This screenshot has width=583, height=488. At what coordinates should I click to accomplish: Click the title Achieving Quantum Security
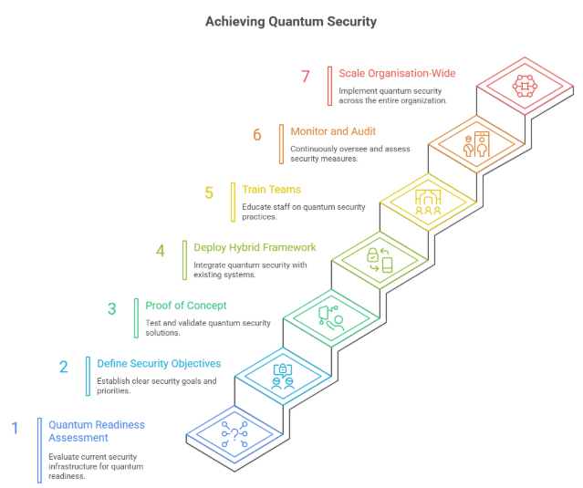(x=291, y=21)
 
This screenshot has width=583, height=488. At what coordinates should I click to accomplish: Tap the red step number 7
(x=306, y=76)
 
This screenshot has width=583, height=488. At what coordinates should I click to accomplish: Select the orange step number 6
(x=257, y=135)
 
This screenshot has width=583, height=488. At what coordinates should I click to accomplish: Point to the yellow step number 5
(x=209, y=193)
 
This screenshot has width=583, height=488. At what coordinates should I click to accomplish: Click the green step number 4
(x=161, y=250)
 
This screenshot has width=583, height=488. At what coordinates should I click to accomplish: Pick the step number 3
(x=112, y=308)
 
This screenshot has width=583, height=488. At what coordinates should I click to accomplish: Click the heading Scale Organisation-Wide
(x=397, y=73)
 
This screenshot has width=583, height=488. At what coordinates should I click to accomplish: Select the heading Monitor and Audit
(x=333, y=131)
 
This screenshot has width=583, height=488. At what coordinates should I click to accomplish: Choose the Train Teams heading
(x=273, y=190)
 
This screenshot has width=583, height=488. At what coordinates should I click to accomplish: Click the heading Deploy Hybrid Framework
(x=255, y=247)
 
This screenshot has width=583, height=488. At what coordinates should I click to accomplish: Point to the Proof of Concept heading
(x=186, y=305)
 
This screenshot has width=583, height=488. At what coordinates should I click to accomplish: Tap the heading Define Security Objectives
(x=159, y=363)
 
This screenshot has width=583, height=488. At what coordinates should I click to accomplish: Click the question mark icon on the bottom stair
(x=235, y=433)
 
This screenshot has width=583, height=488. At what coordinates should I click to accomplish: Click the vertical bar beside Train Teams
(x=234, y=202)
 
